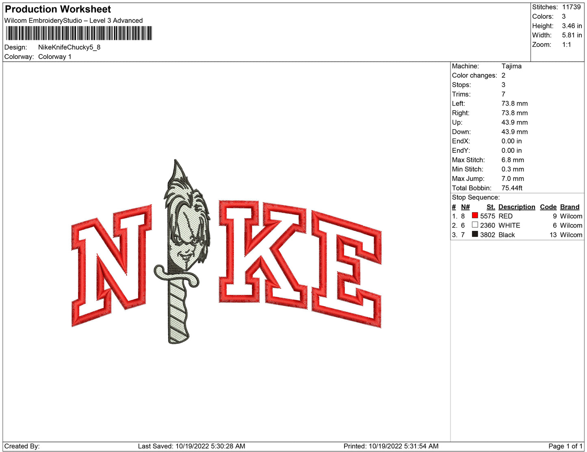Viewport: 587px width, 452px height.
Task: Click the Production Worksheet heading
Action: pos(58,9)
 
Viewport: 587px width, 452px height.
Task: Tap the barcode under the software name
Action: pos(79,33)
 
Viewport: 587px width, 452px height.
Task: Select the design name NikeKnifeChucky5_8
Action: pos(69,47)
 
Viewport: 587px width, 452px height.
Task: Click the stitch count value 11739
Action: pos(571,7)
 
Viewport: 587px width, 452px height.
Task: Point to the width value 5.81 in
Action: pos(572,35)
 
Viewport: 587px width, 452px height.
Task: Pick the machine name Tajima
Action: pos(511,66)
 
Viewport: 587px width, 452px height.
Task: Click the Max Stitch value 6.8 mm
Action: pos(512,160)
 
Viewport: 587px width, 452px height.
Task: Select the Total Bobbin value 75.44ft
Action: pos(512,188)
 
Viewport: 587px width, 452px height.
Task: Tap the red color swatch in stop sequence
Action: pos(474,215)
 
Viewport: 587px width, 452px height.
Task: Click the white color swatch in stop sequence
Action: pos(474,224)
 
